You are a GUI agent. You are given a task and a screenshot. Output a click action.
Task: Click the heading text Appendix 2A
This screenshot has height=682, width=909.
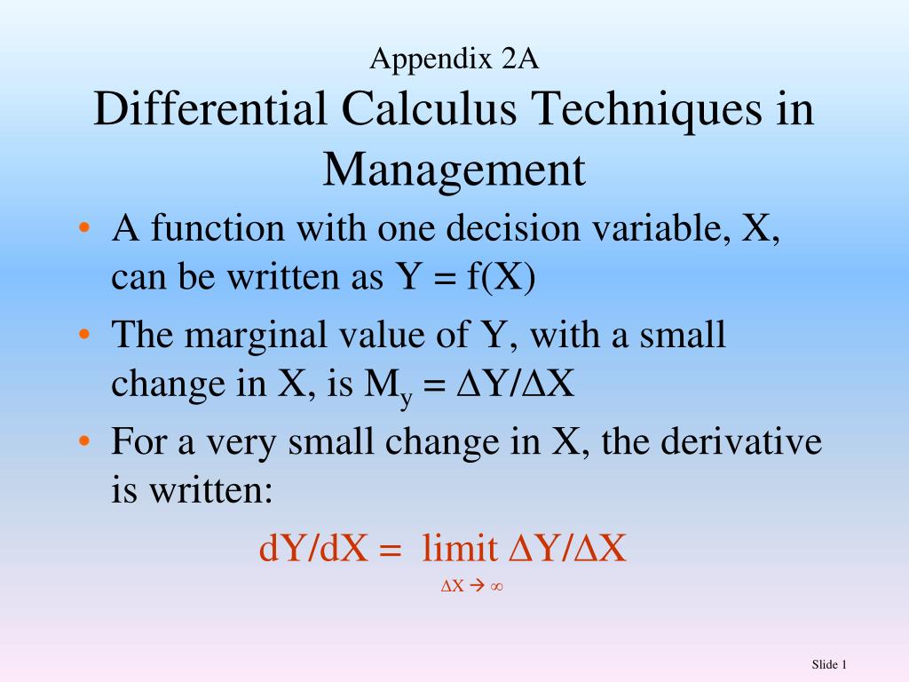[x=454, y=59]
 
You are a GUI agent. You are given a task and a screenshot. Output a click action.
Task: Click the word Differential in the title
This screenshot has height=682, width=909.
[x=209, y=108]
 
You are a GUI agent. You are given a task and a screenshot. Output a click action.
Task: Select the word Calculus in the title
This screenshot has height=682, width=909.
[x=429, y=108]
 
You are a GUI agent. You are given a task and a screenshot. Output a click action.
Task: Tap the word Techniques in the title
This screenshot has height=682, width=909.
[x=646, y=110]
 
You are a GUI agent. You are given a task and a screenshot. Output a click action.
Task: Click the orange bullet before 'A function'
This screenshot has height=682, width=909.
[x=84, y=227]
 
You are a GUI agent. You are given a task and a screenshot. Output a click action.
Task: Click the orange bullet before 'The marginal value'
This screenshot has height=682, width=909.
[x=84, y=334]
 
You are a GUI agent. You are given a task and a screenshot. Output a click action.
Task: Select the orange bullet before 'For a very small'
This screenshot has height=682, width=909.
[x=84, y=441]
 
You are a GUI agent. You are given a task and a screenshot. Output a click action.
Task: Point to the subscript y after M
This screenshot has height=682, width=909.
[x=406, y=399]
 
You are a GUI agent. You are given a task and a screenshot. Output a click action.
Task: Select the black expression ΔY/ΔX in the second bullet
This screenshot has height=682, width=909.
[x=516, y=384]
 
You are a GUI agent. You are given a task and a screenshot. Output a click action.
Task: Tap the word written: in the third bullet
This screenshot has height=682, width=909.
[x=211, y=490]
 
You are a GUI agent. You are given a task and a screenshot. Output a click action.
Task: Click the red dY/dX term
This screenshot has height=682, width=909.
[x=313, y=547]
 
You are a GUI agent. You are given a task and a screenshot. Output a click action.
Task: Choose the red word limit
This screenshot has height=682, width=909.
[x=460, y=547]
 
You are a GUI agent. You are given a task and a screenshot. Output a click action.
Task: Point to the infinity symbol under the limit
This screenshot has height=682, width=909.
[x=496, y=586]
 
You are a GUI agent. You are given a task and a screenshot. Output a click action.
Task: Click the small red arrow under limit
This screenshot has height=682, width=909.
[x=477, y=586]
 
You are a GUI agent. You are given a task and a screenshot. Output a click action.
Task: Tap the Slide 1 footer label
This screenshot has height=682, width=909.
[x=829, y=664]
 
